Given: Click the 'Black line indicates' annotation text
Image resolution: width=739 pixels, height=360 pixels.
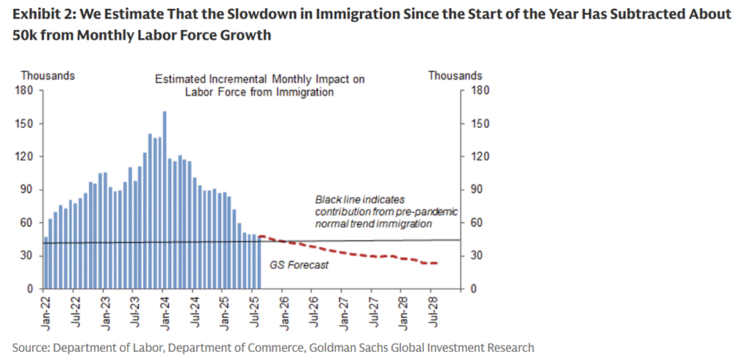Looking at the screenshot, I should pyautogui.click(x=360, y=200).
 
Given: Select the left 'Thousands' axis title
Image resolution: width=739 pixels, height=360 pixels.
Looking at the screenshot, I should pyautogui.click(x=47, y=76).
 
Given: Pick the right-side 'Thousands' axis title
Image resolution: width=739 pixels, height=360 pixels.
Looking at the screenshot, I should pyautogui.click(x=455, y=76).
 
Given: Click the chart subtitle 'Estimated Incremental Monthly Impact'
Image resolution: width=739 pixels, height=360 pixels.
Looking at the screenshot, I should pyautogui.click(x=259, y=79).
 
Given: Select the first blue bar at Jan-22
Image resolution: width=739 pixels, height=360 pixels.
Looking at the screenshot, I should pyautogui.click(x=46, y=262).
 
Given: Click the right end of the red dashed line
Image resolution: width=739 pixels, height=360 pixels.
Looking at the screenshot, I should pyautogui.click(x=438, y=263).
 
